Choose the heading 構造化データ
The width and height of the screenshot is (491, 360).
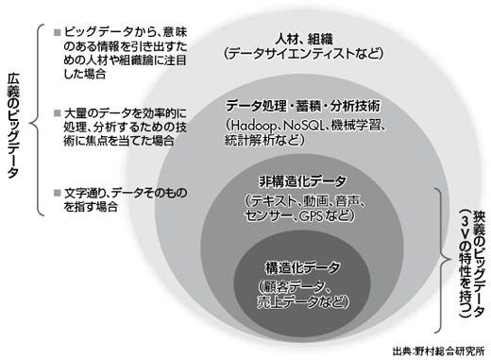tap(303, 267)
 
